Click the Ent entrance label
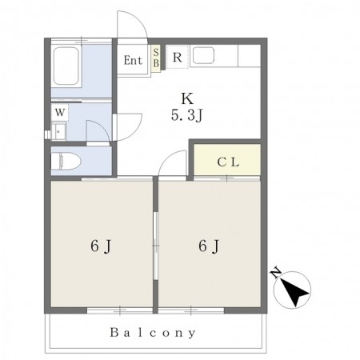133,60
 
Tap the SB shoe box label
156,58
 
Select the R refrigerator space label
178,57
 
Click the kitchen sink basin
203,55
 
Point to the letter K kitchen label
187,98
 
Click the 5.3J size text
187,116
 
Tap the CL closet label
228,162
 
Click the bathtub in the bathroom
66,66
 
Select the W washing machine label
60,112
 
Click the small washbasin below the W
58,131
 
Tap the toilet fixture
66,162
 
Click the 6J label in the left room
101,246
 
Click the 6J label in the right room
209,246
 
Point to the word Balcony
153,333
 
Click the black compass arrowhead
294,293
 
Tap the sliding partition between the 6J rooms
156,246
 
